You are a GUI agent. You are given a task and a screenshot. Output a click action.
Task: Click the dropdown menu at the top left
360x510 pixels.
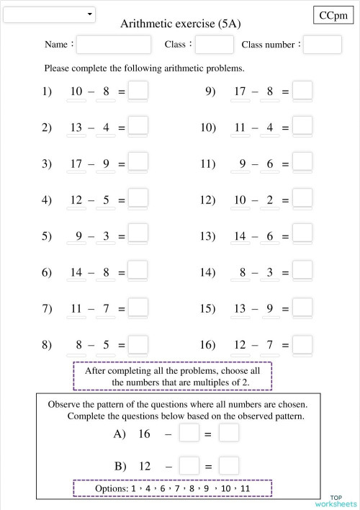pos(50,15)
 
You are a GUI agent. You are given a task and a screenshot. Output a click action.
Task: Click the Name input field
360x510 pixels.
pos(114,45)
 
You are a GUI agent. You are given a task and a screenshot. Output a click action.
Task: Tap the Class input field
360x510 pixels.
pos(214,45)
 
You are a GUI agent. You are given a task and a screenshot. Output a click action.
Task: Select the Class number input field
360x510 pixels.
pos(322,45)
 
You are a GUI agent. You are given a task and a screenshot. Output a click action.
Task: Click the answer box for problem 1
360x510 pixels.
pos(138,91)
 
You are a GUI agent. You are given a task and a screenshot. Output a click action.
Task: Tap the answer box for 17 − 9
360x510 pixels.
pos(138,163)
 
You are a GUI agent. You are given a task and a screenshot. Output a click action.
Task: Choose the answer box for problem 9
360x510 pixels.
pos(303,91)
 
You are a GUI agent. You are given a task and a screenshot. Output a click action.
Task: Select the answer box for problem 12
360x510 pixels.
pos(303,199)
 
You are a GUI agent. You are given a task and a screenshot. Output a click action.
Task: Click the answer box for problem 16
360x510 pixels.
pos(303,344)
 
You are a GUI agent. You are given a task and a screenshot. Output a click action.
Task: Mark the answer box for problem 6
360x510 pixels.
pos(138,272)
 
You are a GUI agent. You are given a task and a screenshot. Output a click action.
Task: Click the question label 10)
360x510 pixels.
pos(208,127)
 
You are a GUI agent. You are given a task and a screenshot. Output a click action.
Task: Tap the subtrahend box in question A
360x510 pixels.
pos(189,434)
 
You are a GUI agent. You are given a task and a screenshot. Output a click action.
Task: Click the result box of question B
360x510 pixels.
pos(229,465)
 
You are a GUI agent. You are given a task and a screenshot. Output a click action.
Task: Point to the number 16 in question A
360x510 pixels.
pos(144,434)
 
